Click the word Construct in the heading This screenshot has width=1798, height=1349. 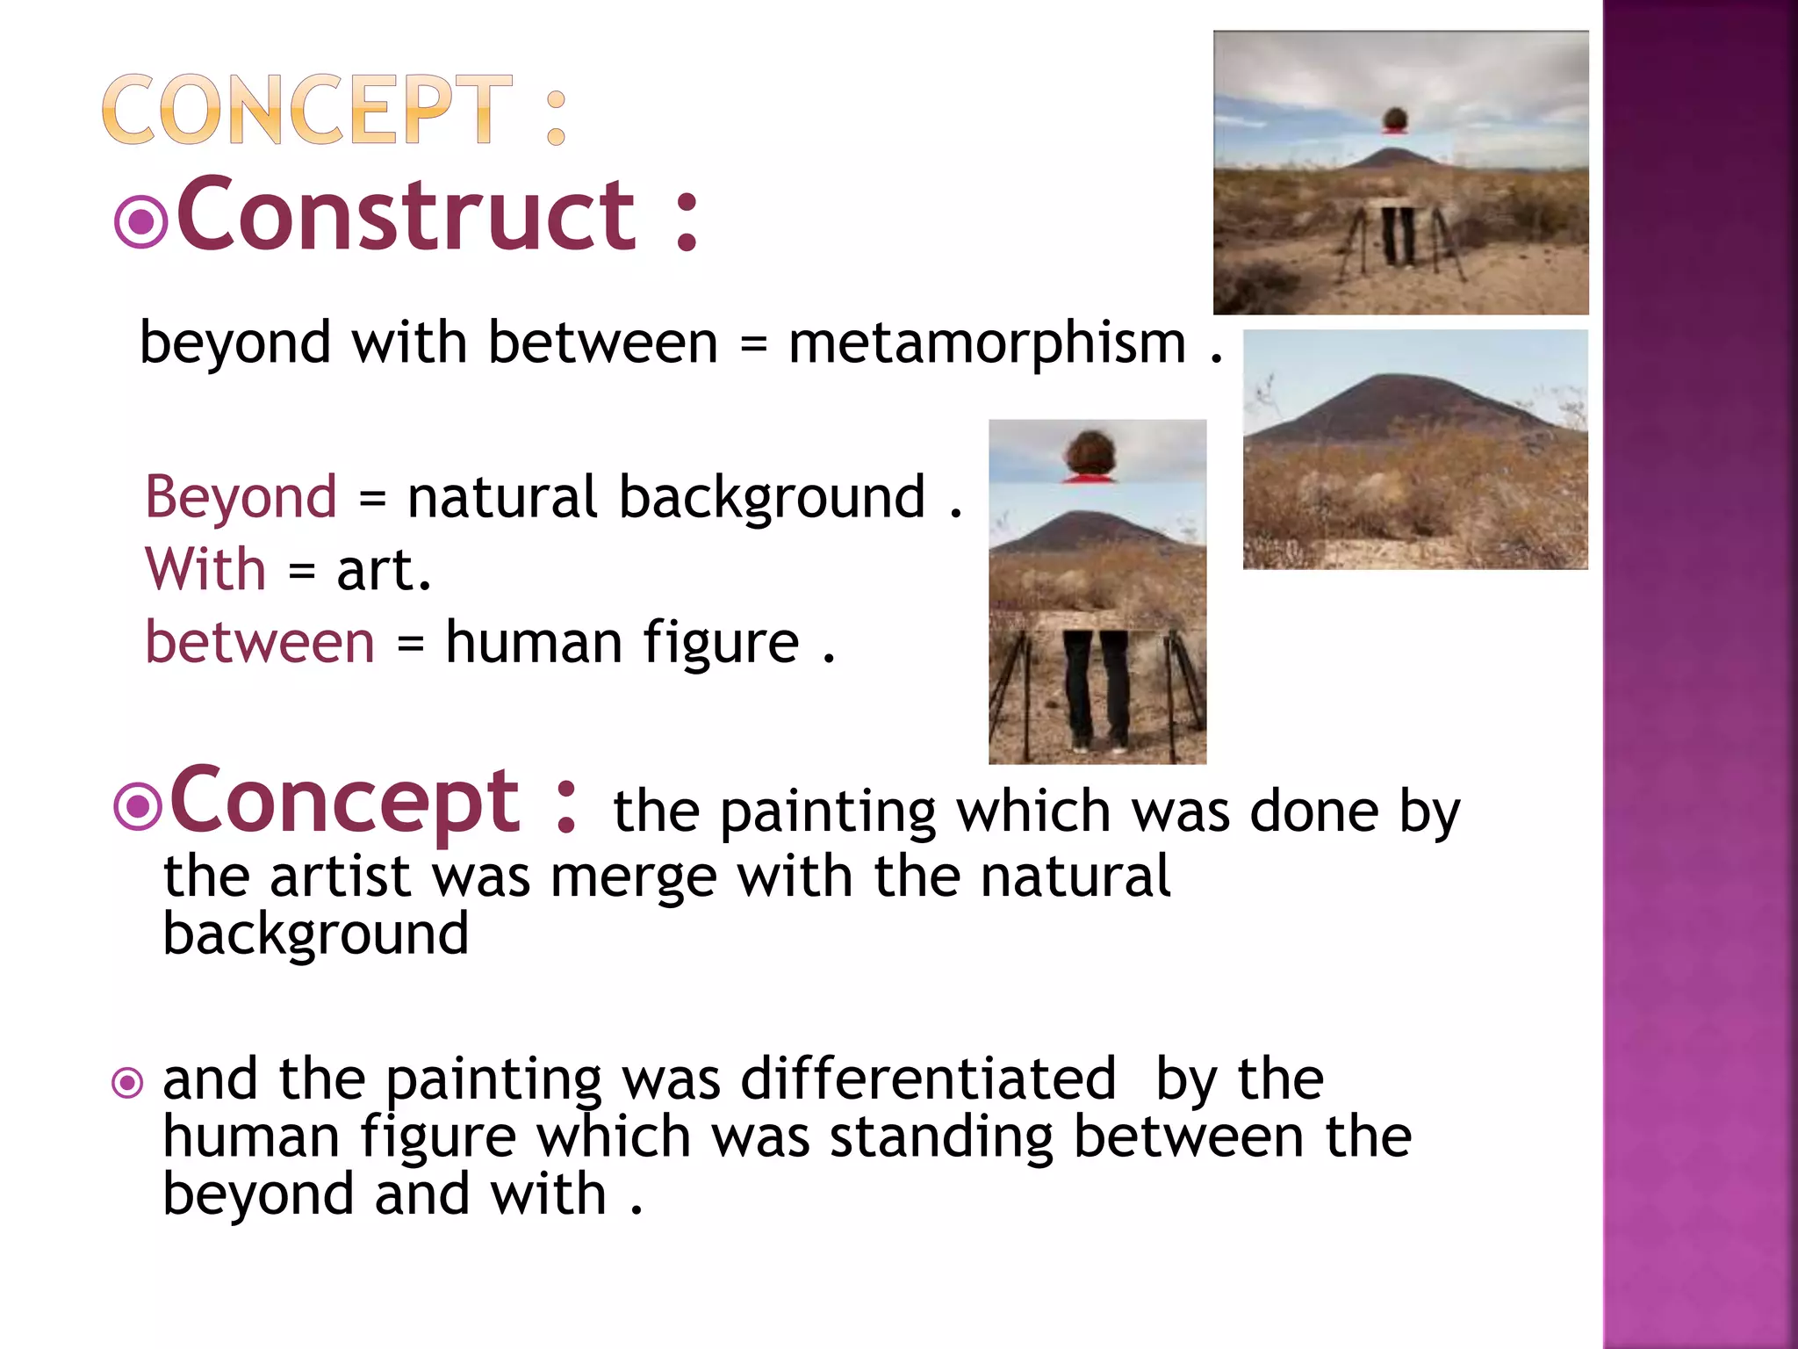coord(406,215)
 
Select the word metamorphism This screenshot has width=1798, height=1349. coord(987,343)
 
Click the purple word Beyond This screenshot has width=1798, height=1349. coord(241,497)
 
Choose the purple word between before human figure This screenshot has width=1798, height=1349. coord(260,642)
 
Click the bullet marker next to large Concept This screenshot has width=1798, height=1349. coord(138,805)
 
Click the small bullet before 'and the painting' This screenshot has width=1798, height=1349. coord(128,1083)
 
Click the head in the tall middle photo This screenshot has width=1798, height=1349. coord(1090,453)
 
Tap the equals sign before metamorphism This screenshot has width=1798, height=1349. coord(753,343)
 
